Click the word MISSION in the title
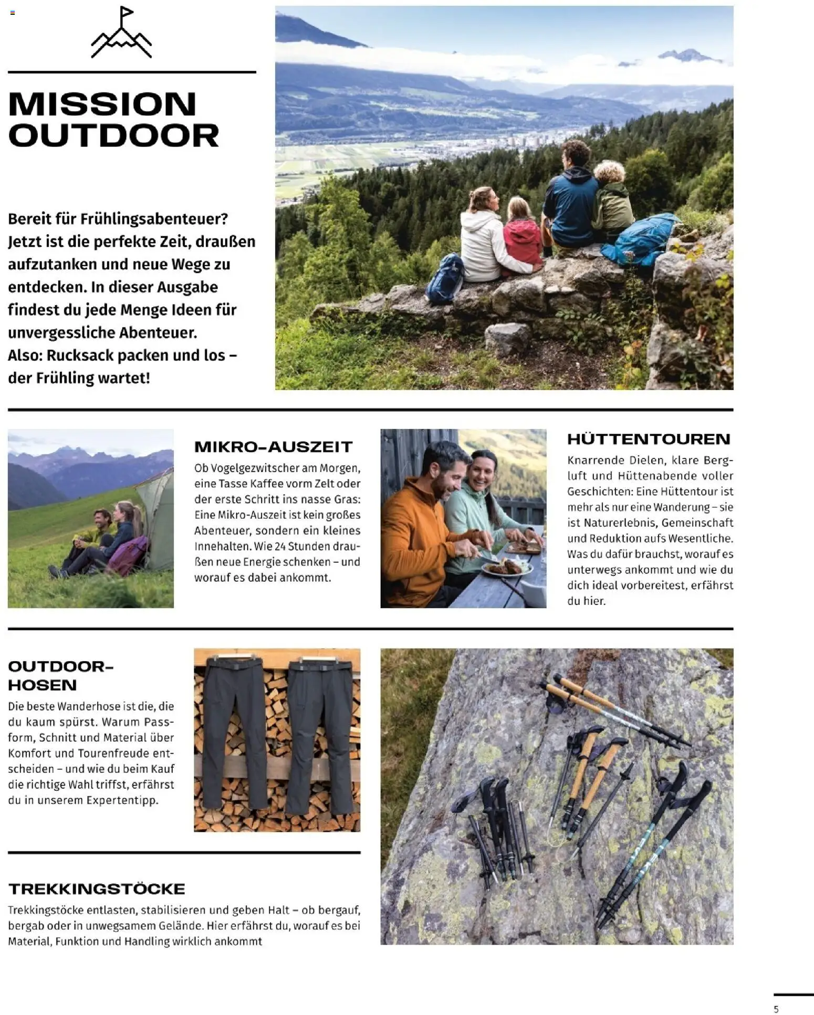tap(102, 104)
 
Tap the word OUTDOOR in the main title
tap(113, 135)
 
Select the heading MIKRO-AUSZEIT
tap(273, 447)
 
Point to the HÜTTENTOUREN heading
tap(649, 439)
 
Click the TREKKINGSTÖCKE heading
tap(97, 889)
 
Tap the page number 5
tap(776, 1009)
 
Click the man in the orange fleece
tap(420, 530)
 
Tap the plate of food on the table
tap(506, 568)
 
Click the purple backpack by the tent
tap(127, 556)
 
